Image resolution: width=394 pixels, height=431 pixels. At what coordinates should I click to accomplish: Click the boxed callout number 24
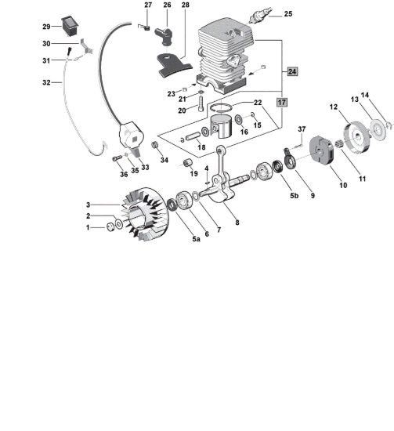[x=292, y=71]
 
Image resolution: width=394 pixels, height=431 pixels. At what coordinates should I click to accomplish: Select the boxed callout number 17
[x=282, y=103]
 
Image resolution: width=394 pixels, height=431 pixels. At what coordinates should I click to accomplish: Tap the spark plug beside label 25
[x=259, y=15]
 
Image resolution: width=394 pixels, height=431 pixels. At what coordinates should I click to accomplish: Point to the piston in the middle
[x=221, y=126]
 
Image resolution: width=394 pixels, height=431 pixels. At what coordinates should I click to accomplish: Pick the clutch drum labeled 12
[x=356, y=136]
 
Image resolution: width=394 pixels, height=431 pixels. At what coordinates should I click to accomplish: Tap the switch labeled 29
[x=70, y=26]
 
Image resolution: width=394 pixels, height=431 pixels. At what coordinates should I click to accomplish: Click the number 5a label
[x=196, y=239]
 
